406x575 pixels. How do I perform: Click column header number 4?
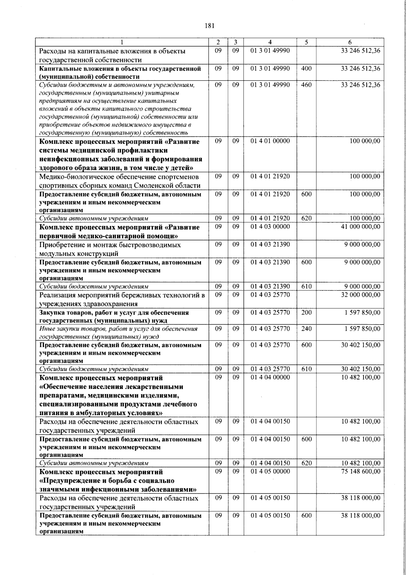[270, 42]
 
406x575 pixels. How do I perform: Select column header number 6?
[350, 42]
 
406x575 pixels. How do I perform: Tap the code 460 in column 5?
[306, 85]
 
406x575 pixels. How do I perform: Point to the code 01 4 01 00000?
[270, 141]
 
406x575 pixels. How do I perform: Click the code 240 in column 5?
[306, 329]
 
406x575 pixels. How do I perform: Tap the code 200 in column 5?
[306, 312]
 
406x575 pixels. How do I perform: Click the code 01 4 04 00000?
[270, 377]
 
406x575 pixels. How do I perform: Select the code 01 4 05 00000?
[270, 472]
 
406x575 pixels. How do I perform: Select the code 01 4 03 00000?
[270, 227]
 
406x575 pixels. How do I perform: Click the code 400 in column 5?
[306, 68]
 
